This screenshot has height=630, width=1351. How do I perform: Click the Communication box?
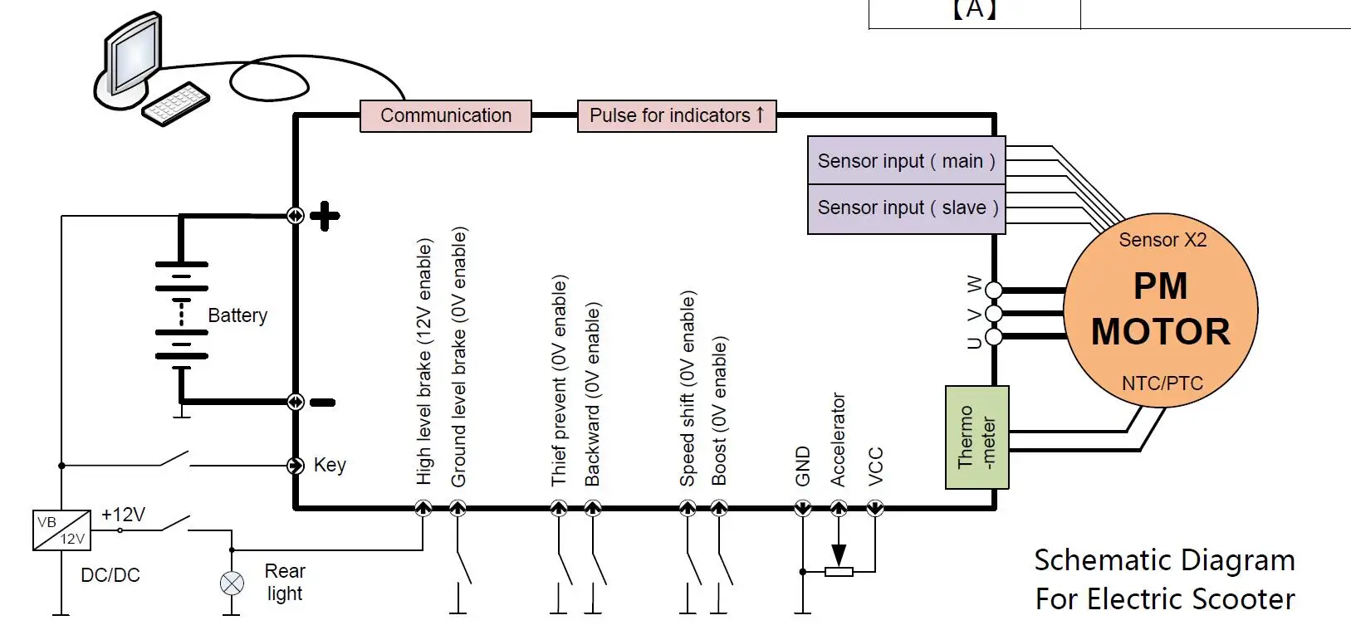pyautogui.click(x=446, y=115)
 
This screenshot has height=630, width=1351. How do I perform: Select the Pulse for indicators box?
pyautogui.click(x=677, y=115)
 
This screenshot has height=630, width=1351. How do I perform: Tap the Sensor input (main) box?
pyautogui.click(x=906, y=160)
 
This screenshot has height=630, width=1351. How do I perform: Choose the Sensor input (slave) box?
pyautogui.click(x=906, y=208)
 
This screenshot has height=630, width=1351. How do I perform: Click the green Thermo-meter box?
pyautogui.click(x=977, y=437)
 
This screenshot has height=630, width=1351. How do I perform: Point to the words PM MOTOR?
pyautogui.click(x=1160, y=309)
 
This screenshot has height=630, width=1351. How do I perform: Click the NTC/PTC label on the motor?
pyautogui.click(x=1162, y=383)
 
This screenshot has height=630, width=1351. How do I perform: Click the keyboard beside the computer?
pyautogui.click(x=175, y=104)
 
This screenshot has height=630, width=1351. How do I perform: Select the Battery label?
pyautogui.click(x=237, y=315)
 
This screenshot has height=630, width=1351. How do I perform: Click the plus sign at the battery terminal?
pyautogui.click(x=325, y=216)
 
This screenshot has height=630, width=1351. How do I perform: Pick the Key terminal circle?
pyautogui.click(x=296, y=466)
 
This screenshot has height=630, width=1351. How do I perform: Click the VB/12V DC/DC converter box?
pyautogui.click(x=61, y=530)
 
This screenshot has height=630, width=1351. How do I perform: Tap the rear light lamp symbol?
pyautogui.click(x=232, y=584)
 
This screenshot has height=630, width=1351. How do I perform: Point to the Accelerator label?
pyautogui.click(x=838, y=439)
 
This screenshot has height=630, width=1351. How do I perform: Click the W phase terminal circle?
pyautogui.click(x=993, y=290)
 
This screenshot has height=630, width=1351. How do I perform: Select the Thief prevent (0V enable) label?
pyautogui.click(x=559, y=380)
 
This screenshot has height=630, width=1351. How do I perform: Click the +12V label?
pyautogui.click(x=123, y=515)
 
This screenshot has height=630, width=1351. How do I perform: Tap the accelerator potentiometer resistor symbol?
pyautogui.click(x=839, y=571)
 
